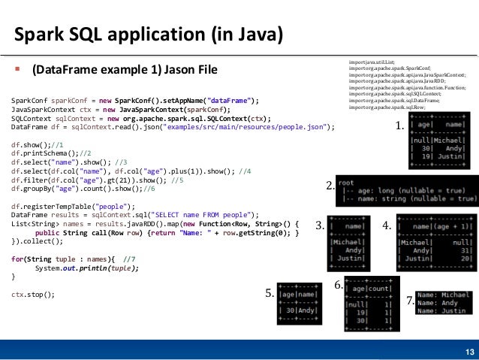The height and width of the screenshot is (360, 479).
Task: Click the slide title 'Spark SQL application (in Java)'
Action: [149, 35]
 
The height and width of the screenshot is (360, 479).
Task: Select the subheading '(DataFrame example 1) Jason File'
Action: [124, 71]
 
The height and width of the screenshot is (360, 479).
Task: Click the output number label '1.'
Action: [399, 128]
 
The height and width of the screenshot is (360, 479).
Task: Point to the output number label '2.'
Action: [330, 186]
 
